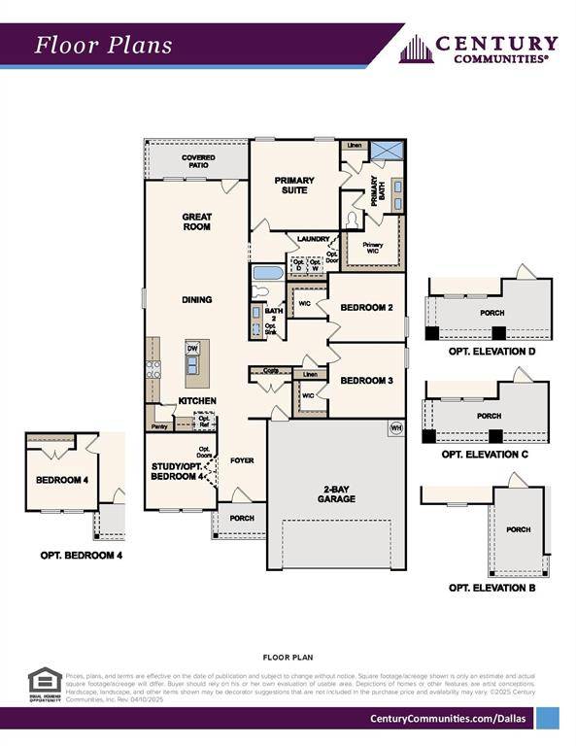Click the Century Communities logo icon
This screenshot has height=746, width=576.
coord(415,49)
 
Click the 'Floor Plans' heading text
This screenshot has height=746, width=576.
coord(104,45)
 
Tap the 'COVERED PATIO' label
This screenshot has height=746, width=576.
coord(198,161)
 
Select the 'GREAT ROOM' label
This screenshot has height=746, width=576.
coord(197,221)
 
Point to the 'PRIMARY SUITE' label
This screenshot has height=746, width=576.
coord(294,185)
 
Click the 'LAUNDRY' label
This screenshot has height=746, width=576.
coord(314,238)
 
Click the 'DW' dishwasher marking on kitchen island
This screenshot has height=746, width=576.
coord(192,348)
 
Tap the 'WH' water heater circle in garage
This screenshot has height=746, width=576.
coord(395,427)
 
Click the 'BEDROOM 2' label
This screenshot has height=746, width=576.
coord(366,308)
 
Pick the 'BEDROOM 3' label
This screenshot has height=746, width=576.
coord(366,380)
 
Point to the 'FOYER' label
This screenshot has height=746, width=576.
coord(242,460)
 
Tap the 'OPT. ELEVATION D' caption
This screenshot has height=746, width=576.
coord(491,352)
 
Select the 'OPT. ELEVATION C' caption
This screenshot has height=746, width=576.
coord(485,454)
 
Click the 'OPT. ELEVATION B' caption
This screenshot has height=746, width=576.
coord(491,588)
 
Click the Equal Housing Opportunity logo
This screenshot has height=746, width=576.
coord(45,684)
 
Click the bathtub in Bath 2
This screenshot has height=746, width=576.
coord(267,273)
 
